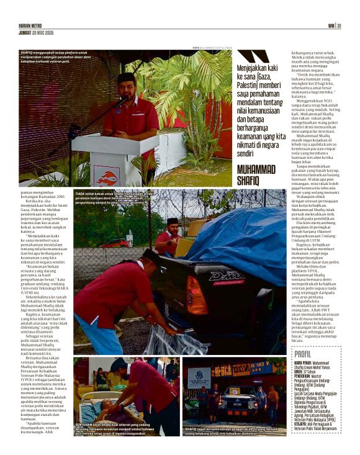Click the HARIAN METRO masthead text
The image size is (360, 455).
(31, 25)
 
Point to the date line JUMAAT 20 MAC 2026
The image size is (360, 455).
(37, 32)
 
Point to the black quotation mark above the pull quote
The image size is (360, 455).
(253, 56)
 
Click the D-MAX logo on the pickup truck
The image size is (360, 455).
(226, 276)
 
